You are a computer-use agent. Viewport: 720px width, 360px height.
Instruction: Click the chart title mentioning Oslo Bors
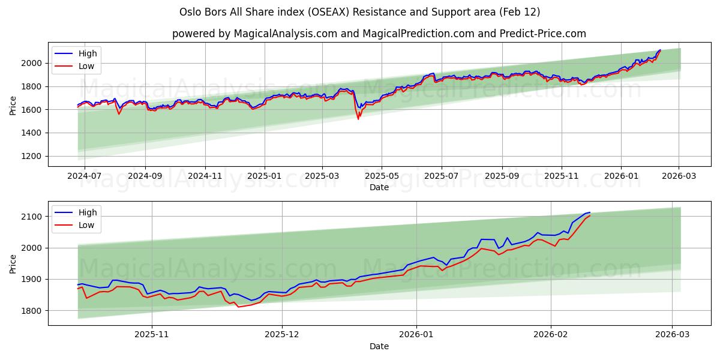(359, 12)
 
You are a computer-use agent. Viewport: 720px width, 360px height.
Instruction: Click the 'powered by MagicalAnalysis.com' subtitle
(379, 34)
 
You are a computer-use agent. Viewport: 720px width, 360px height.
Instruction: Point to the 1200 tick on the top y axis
(33, 156)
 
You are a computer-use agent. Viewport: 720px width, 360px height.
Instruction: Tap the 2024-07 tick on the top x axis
(84, 176)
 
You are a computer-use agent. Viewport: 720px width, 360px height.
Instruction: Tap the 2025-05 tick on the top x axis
(381, 176)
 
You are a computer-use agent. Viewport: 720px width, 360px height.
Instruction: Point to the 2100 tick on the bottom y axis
(33, 217)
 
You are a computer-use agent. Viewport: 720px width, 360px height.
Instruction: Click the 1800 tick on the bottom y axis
(33, 311)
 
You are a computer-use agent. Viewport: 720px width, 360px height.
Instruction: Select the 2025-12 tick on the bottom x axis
(282, 335)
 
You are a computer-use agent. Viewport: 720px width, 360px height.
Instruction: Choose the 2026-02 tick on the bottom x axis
(551, 335)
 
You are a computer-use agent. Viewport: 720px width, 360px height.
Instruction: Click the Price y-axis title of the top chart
(13, 104)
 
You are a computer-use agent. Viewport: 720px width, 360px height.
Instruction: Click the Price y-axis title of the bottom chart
(13, 263)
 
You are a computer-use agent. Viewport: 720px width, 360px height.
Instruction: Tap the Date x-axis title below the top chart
(379, 187)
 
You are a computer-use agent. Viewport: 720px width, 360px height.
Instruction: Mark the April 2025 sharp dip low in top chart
(358, 119)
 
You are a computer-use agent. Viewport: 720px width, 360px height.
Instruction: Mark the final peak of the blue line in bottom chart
(589, 212)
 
